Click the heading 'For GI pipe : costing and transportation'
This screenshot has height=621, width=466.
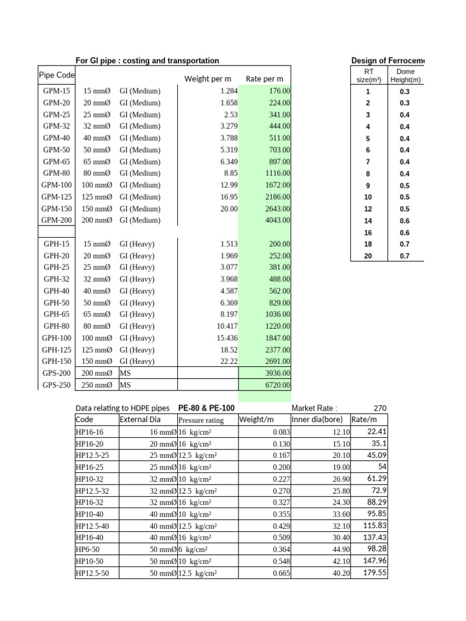coord(147,61)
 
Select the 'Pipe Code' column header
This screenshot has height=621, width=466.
coord(56,75)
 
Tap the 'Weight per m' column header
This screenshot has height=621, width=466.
coord(208,79)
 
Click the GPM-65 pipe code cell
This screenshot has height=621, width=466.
coord(57,161)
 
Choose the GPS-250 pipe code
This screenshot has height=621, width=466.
coord(57,384)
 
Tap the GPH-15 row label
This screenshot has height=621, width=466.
coord(57,244)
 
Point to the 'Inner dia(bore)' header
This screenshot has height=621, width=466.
coord(320,420)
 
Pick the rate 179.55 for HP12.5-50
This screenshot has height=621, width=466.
coord(374,572)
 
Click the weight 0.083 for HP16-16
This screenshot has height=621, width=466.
coord(264,432)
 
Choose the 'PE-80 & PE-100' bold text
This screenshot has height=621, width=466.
coord(206,408)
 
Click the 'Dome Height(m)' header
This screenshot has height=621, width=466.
coord(405,75)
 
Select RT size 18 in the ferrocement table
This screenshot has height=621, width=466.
coord(368,244)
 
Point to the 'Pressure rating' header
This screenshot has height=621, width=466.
coord(201,420)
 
